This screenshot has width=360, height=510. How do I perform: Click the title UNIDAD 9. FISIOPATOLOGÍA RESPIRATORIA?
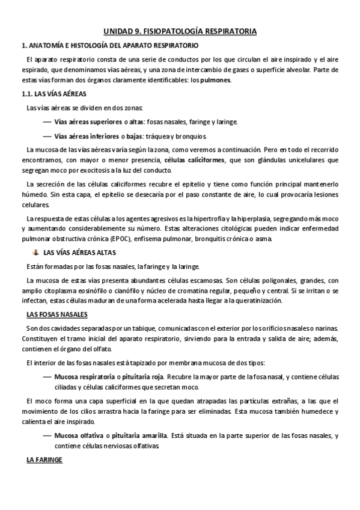180,31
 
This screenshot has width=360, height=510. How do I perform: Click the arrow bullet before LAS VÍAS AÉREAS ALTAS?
35,253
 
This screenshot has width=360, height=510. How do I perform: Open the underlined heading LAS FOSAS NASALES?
57,315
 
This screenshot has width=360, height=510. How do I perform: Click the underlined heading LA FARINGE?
44,459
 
